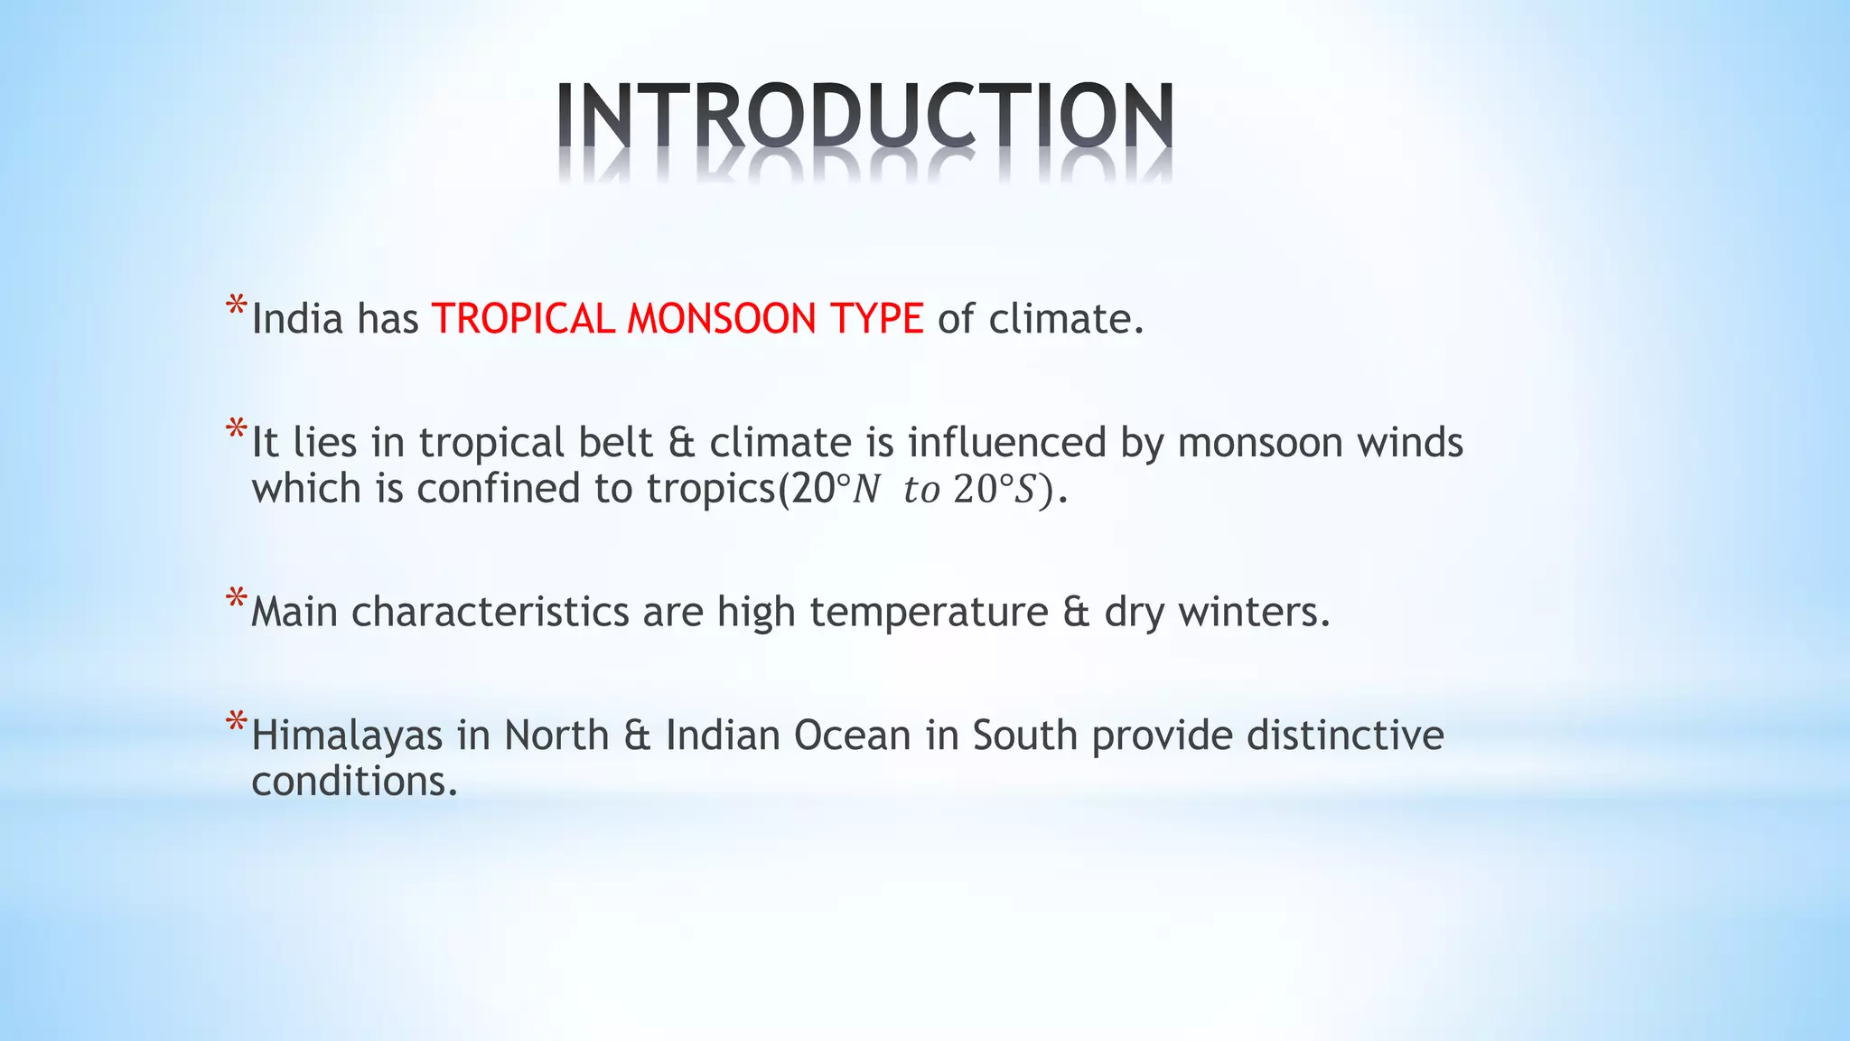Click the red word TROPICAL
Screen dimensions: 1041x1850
(523, 319)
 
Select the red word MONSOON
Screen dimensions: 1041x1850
(722, 319)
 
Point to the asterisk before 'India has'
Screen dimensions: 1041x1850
(236, 306)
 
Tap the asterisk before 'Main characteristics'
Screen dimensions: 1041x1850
(236, 599)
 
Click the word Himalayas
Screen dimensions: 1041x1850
(347, 736)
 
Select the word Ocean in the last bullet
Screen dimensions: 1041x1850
(852, 736)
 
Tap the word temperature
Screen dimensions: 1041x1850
(928, 613)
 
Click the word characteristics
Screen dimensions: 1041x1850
(490, 612)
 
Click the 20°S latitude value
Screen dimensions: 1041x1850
(994, 489)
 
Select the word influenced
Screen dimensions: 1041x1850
(1006, 443)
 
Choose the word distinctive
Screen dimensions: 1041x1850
(1345, 736)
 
